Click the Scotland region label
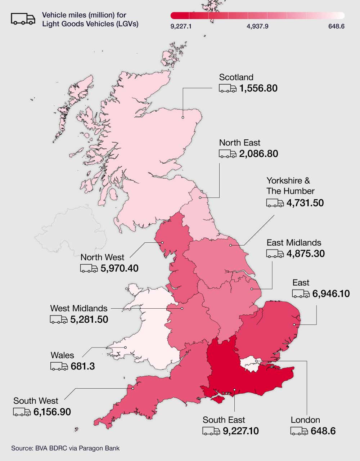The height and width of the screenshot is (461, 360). pos(236,77)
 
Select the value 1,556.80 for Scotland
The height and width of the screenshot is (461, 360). pos(258,88)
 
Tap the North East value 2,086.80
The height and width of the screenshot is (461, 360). pos(258,154)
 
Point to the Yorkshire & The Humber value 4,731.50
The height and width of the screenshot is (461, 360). pos(305,203)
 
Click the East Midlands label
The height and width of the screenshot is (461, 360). pos(294,243)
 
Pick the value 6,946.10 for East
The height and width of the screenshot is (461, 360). pos(331,294)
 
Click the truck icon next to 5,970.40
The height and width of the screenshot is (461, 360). pos(89,268)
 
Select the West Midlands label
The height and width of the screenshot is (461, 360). pos(78,308)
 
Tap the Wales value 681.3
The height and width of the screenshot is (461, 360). pos(83,367)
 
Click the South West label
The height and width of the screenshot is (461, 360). pos(36,401)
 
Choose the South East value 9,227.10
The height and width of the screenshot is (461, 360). pos(240,431)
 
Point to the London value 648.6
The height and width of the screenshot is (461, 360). pos(323,431)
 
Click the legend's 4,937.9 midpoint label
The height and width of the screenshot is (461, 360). pos(257,26)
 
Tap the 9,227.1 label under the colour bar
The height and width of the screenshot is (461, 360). pos(181,26)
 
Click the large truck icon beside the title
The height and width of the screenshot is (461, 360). pos(23,19)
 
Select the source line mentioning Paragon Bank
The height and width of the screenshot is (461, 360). pos(65,448)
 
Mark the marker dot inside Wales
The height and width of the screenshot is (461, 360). pos(125,348)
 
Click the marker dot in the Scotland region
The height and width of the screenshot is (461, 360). pos(183,117)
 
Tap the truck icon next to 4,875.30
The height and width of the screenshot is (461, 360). pos(275,254)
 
